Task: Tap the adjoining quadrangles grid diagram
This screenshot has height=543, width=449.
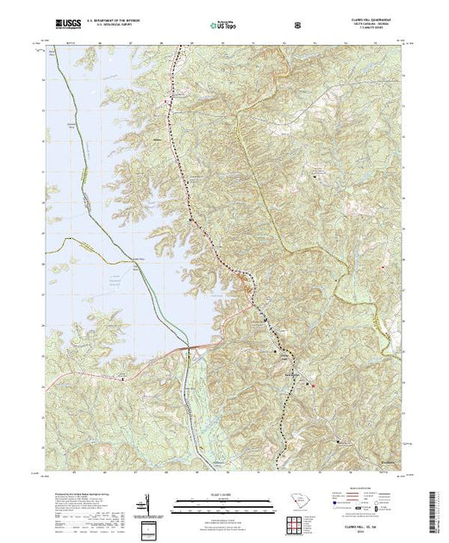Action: (x=298, y=522)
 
